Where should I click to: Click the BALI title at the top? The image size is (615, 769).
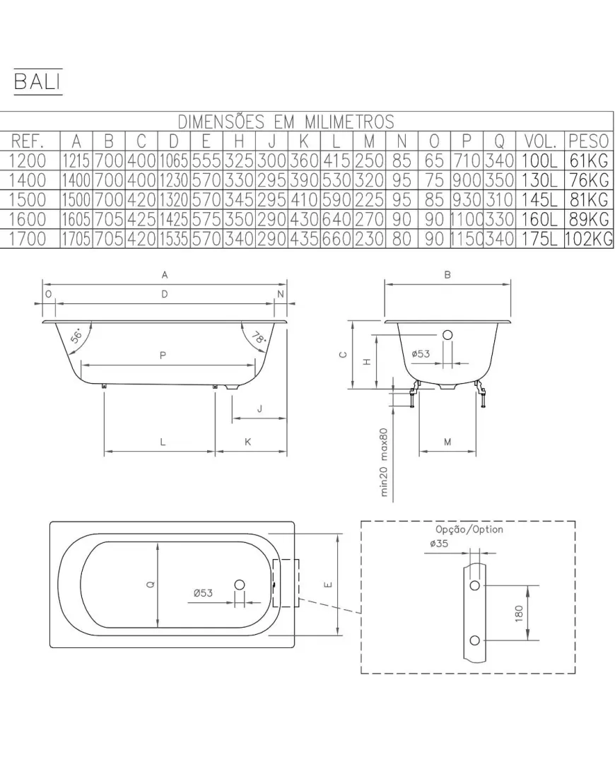(37, 81)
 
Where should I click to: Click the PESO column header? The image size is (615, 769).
(589, 141)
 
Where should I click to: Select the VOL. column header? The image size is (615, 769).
(540, 141)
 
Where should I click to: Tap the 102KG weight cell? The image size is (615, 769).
(589, 239)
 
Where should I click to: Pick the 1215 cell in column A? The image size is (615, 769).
(76, 161)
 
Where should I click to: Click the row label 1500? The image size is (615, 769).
(28, 199)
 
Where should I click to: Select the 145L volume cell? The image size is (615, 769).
(540, 199)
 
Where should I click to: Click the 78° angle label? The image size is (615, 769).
(258, 337)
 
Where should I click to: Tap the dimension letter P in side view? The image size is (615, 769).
(163, 355)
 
